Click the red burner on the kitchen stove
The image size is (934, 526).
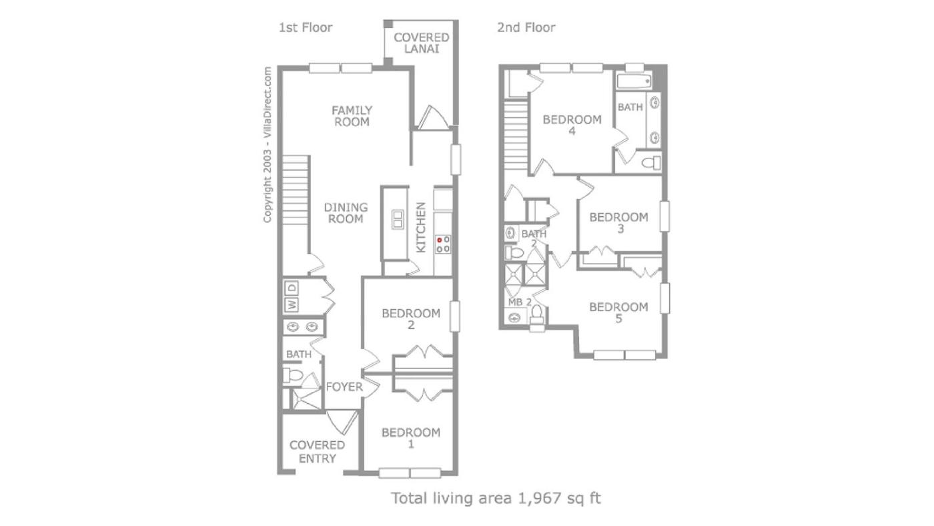pyautogui.click(x=439, y=240)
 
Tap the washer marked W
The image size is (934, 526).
pyautogui.click(x=292, y=304)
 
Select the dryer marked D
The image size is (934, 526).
pyautogui.click(x=292, y=288)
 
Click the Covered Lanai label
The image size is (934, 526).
pyautogui.click(x=421, y=43)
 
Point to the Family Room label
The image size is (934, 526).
pyautogui.click(x=352, y=116)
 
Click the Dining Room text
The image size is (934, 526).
pyautogui.click(x=346, y=213)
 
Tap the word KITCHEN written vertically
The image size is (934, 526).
pyautogui.click(x=421, y=228)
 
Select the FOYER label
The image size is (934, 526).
pyautogui.click(x=344, y=387)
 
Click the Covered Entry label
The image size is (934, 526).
pyautogui.click(x=318, y=452)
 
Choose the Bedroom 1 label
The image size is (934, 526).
pyautogui.click(x=411, y=438)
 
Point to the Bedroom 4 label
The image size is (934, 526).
pyautogui.click(x=572, y=125)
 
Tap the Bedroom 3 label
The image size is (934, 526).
pyautogui.click(x=619, y=223)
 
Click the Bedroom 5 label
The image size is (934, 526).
pyautogui.click(x=619, y=313)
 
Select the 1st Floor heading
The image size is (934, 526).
pyautogui.click(x=306, y=27)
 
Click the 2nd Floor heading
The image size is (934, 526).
pyautogui.click(x=526, y=27)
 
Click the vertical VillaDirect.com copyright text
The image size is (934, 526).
pyautogui.click(x=268, y=144)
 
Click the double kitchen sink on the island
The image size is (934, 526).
pyautogui.click(x=397, y=220)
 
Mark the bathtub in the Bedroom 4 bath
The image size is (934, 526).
pyautogui.click(x=634, y=81)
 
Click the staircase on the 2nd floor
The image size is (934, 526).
pyautogui.click(x=516, y=134)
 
